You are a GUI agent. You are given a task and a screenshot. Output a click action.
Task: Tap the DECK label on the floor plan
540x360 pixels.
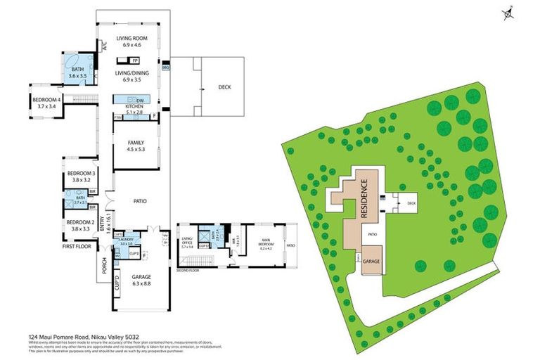point(224,87)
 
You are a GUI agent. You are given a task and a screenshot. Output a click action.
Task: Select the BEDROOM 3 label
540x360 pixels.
point(81,173)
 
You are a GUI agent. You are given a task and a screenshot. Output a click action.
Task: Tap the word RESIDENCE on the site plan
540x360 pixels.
point(365,200)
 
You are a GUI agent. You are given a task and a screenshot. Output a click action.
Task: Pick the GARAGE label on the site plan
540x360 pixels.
point(371,260)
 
